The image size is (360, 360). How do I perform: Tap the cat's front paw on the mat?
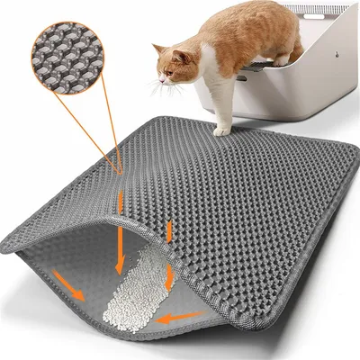tap(220, 130)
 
